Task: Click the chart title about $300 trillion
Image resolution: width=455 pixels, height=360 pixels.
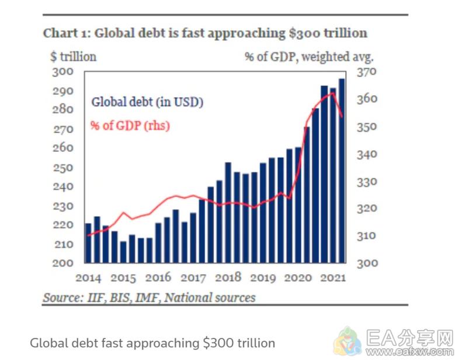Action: coord(205,33)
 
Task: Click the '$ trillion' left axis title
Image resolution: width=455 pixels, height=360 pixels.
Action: coord(73,57)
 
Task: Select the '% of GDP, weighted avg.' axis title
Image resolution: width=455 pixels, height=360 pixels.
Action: coord(308,57)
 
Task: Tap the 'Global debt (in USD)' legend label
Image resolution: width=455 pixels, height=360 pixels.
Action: coord(147,102)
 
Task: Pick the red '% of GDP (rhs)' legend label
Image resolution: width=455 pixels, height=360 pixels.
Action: coord(130,125)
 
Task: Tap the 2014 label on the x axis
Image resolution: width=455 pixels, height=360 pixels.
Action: coord(88,278)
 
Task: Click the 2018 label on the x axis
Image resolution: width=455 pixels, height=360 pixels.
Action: coord(228,278)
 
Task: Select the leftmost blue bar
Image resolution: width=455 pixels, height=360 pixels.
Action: coord(88,243)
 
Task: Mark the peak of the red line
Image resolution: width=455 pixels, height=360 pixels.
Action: coord(333,93)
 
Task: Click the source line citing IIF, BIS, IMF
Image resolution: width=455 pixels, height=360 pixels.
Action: coord(149,297)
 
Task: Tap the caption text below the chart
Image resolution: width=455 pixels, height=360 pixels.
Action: coord(152,342)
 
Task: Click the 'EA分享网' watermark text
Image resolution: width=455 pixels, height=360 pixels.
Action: coord(408,338)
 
